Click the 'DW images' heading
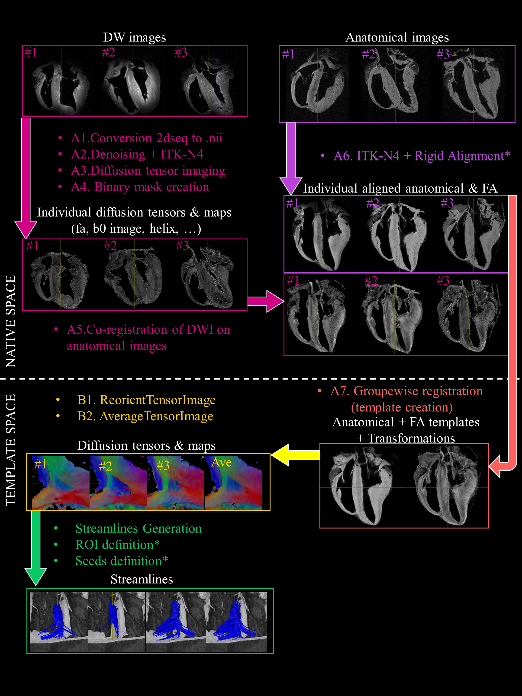134,37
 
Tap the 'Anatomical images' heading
397,37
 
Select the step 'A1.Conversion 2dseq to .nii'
146,138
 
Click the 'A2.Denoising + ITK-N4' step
137,155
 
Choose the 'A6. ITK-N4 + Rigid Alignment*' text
422,156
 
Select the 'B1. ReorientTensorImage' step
146,400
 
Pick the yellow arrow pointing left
294,455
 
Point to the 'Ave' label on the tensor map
222,462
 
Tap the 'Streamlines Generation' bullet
139,528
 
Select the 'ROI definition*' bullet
117,545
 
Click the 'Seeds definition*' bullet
122,561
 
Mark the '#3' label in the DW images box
181,52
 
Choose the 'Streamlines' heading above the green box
142,579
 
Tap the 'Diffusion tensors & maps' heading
146,445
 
